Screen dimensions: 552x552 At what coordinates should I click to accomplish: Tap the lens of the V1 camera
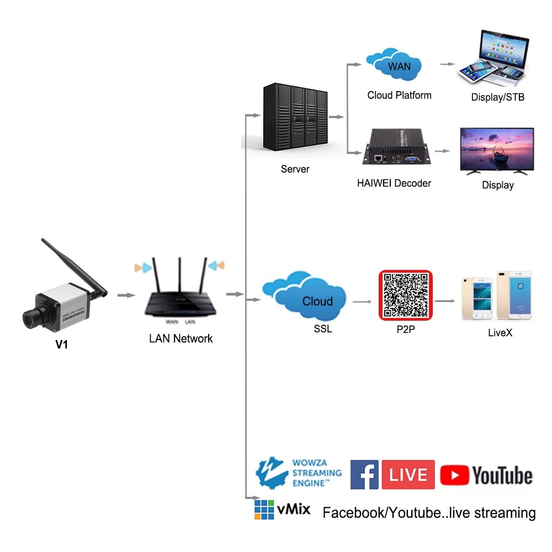(31, 318)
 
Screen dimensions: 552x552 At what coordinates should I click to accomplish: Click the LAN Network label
(181, 338)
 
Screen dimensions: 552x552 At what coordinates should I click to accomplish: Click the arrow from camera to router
(126, 295)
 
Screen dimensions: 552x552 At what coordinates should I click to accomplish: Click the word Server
(295, 169)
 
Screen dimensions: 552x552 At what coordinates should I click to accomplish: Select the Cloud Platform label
(399, 95)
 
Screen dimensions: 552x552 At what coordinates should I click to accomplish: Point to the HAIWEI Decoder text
(394, 183)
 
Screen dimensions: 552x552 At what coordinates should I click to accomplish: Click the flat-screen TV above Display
(497, 150)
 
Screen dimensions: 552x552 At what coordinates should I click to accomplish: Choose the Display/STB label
(497, 98)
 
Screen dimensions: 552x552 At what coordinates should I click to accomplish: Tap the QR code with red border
(405, 296)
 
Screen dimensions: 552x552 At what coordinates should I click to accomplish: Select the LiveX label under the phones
(500, 333)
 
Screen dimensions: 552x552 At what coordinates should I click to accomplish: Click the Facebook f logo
(364, 475)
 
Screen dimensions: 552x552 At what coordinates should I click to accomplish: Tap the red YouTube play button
(454, 475)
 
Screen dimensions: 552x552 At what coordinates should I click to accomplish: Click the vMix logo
(282, 509)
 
